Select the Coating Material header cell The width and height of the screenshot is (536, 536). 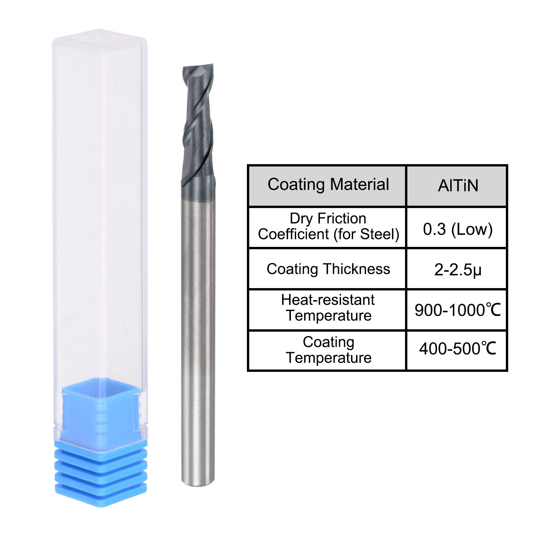point(328,186)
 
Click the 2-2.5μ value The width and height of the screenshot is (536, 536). point(458,269)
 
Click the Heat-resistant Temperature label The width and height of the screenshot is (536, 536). point(328,308)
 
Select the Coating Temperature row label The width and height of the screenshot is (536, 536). point(328,350)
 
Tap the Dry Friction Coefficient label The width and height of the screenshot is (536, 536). point(328,226)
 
